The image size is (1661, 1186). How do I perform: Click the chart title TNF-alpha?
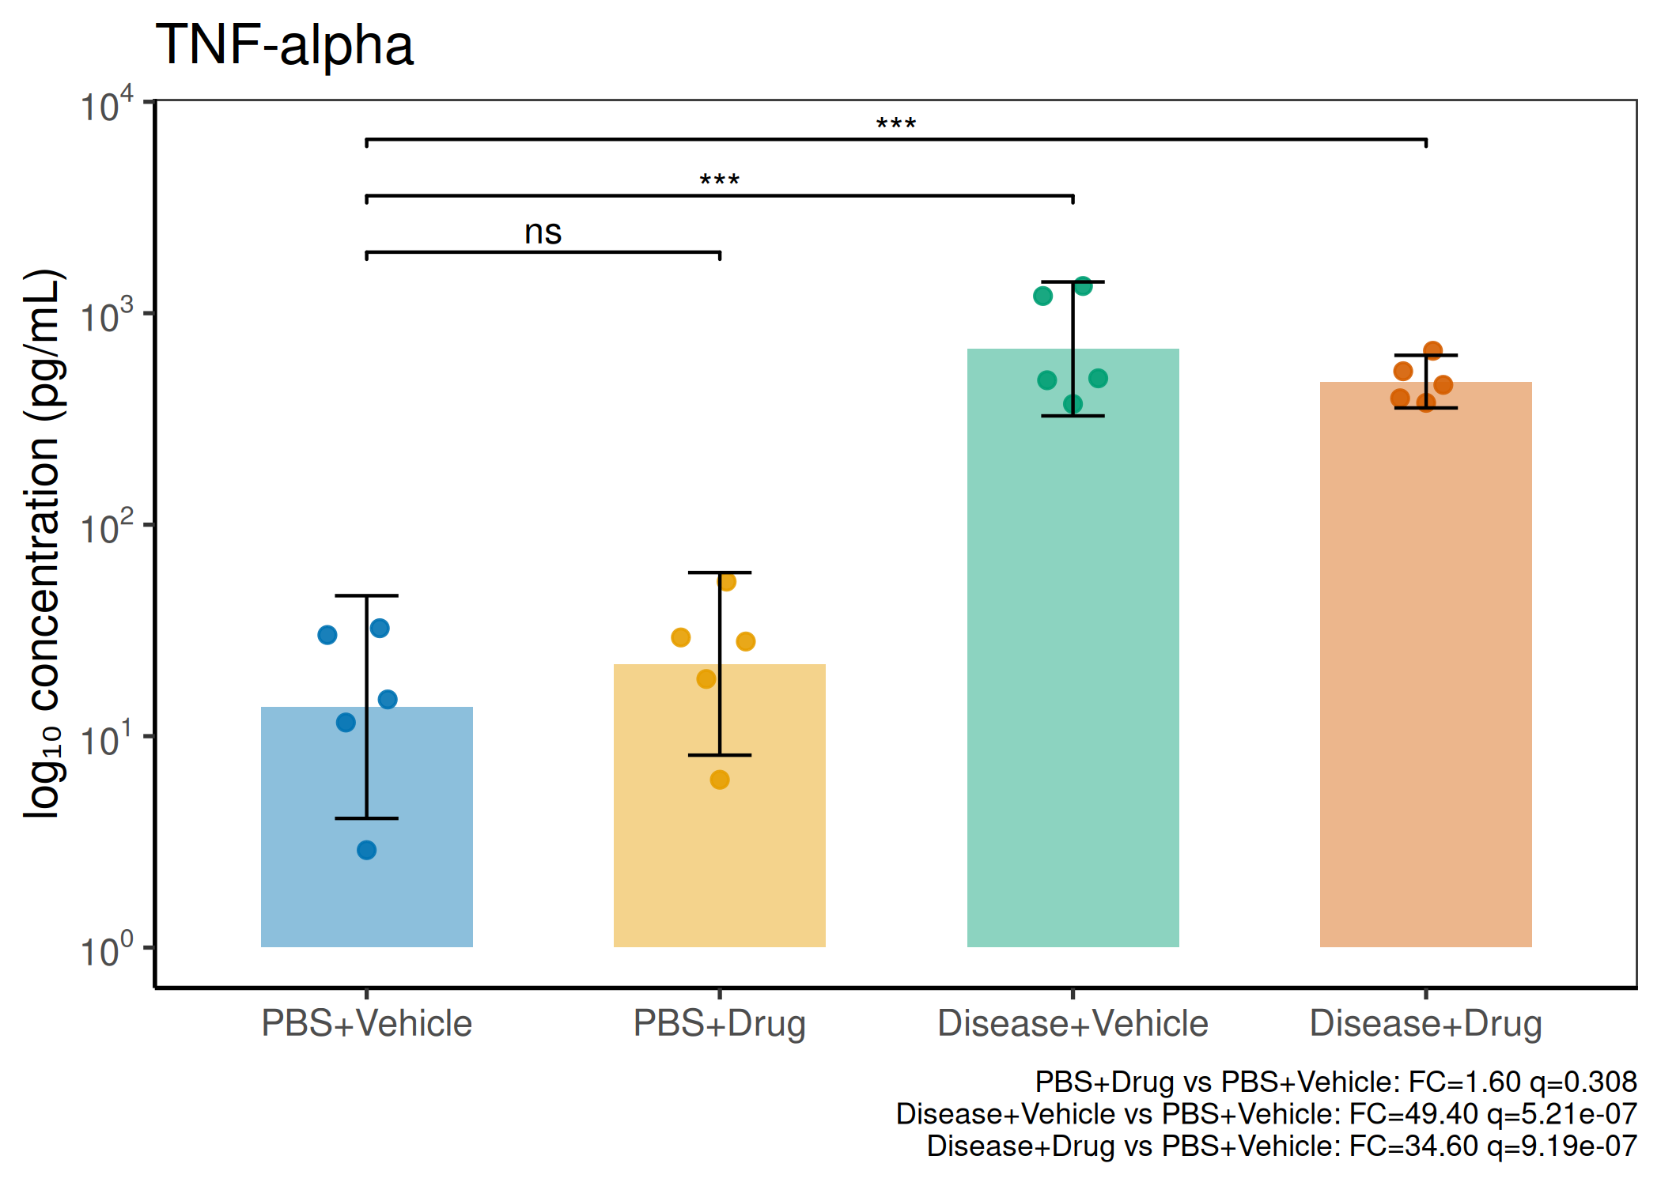285,46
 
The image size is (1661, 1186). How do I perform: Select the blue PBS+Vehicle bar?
367,826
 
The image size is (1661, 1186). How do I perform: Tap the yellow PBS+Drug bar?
720,805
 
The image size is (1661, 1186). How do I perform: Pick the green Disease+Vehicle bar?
1073,648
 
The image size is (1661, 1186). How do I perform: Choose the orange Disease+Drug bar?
1426,664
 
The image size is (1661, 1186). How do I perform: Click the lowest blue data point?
366,850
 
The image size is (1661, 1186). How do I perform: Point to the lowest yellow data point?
720,780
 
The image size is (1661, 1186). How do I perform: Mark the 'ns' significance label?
543,232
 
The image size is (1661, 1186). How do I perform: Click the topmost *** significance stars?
896,124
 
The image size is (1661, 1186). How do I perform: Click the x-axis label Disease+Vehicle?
1073,1023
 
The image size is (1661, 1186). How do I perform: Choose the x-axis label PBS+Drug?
720,1024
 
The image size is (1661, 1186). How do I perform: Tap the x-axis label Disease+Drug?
1426,1024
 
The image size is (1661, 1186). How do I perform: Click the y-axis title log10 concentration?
43,543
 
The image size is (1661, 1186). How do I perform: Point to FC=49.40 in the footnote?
1413,1113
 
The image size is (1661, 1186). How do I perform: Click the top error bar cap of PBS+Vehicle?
367,595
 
